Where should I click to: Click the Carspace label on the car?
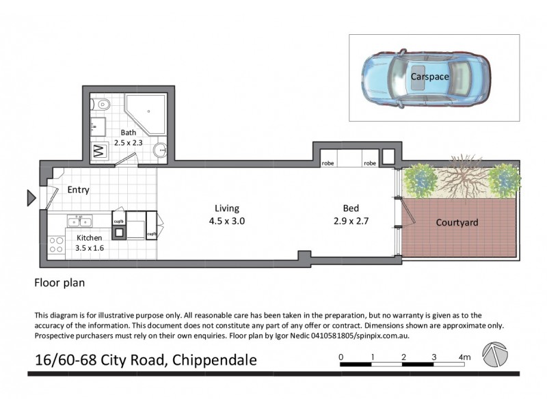point(429,77)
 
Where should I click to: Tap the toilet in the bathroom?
point(101,105)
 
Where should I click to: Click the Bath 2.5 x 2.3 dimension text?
point(129,138)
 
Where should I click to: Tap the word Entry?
point(78,190)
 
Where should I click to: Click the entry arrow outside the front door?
point(31,198)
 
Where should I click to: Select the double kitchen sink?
point(79,221)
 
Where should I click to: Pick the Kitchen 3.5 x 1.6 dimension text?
point(89,243)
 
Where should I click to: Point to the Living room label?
point(226,208)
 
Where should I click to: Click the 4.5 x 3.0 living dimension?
point(226,221)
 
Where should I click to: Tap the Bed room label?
point(351,208)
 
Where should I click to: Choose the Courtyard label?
point(456,223)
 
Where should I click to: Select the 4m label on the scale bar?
point(464,357)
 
